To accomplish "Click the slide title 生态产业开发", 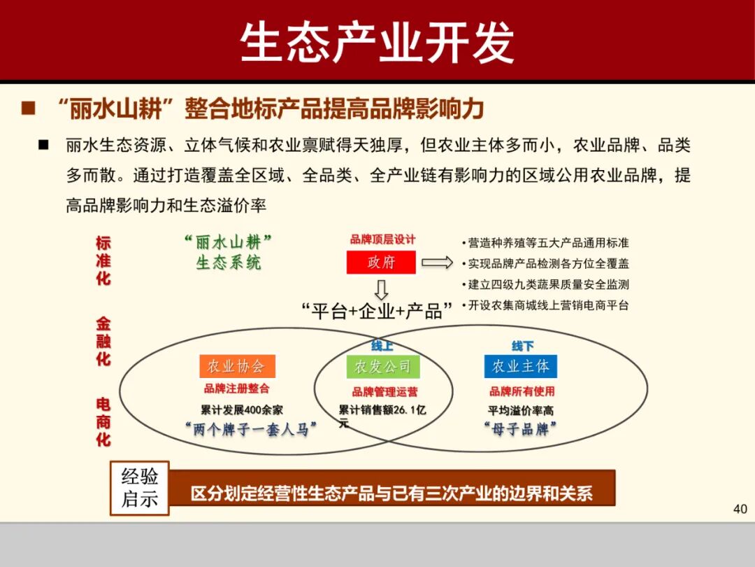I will (x=377, y=43).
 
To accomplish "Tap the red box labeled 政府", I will (x=381, y=262).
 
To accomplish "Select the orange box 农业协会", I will (x=237, y=366).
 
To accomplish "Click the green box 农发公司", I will (x=382, y=367).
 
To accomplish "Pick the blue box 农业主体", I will (x=521, y=366).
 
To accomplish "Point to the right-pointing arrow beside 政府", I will (x=438, y=262).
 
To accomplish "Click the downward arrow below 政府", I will (x=381, y=289).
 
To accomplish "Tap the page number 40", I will (x=740, y=509).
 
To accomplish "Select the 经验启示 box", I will (x=140, y=488).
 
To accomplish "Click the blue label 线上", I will (x=382, y=346).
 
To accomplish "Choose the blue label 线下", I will (x=522, y=346).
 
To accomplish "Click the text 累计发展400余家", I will (x=242, y=410).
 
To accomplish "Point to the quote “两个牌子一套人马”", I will (x=251, y=429).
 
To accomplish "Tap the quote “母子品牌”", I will (x=521, y=429).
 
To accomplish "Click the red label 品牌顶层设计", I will (x=382, y=239).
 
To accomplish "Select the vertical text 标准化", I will (x=103, y=260).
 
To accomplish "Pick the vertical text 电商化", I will (x=103, y=422).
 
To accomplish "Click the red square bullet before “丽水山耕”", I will (x=29, y=108).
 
